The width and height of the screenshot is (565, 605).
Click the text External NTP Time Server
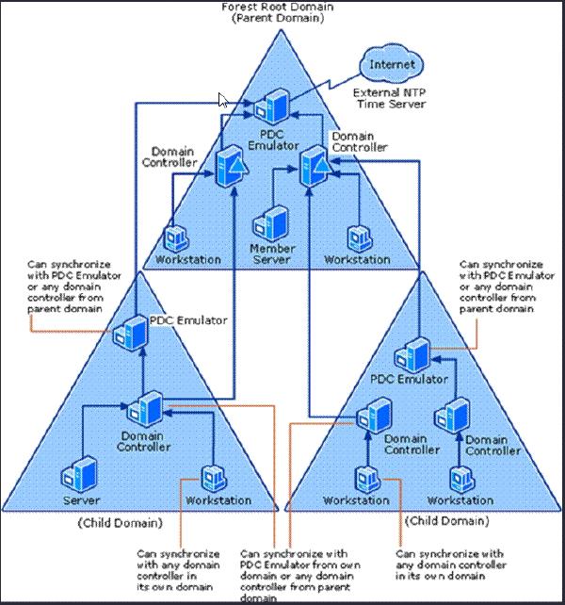click(x=389, y=98)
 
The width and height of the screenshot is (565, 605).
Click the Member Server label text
click(x=273, y=253)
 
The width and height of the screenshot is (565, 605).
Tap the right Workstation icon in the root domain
click(x=357, y=237)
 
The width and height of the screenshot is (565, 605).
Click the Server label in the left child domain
click(x=81, y=500)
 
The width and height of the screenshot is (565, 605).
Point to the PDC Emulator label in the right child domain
click(x=408, y=380)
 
